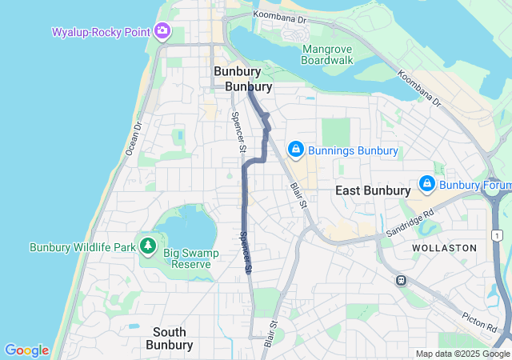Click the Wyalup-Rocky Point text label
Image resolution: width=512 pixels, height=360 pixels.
coord(102,32)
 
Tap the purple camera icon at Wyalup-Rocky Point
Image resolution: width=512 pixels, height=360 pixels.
coord(163,31)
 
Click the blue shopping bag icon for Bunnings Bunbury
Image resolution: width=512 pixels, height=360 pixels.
coord(296,150)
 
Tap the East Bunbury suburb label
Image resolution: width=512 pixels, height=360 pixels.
coord(373,190)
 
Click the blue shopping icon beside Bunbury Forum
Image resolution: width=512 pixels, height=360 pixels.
coord(426,185)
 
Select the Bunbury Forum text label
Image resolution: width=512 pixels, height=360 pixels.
coord(474,186)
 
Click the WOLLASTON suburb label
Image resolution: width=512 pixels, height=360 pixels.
coord(444,248)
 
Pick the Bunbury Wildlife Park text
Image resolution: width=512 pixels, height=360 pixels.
coord(82,247)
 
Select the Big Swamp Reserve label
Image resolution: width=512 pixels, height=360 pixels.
coord(198,258)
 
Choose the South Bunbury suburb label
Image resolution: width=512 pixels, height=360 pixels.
coord(170,338)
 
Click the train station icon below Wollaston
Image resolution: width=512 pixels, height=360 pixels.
coord(401,281)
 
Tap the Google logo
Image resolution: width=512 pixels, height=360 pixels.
coord(26,350)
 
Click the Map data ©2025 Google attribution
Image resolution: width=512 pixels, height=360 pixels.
coord(462,354)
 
